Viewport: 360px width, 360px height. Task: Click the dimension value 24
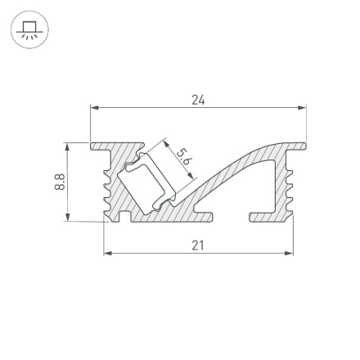click(197, 100)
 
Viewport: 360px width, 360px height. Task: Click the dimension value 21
click(197, 245)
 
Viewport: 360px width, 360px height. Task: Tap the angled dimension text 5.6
click(185, 156)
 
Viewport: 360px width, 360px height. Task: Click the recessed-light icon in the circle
click(30, 31)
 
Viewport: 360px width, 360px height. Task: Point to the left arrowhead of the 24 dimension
click(93, 106)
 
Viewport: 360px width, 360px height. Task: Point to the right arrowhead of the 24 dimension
click(303, 106)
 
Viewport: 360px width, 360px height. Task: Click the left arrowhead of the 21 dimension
click(107, 253)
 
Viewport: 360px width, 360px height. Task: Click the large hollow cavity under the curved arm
click(245, 192)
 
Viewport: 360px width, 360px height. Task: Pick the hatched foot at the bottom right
click(266, 218)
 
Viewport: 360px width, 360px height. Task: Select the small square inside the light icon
click(30, 27)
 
